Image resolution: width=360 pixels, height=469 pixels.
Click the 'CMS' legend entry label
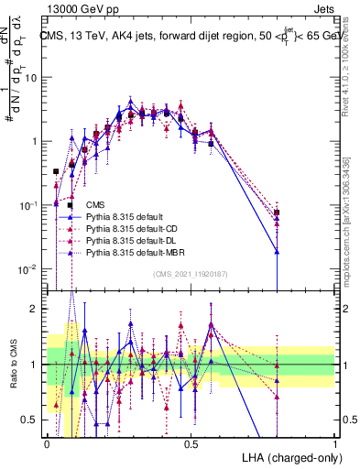pos(94,204)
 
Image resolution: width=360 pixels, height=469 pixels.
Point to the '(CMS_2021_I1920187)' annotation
pos(190,273)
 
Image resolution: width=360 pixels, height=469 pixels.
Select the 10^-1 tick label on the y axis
pos(31,205)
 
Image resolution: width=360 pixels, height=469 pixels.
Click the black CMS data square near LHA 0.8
pos(278,213)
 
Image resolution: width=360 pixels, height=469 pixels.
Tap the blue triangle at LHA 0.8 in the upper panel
pos(278,250)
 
